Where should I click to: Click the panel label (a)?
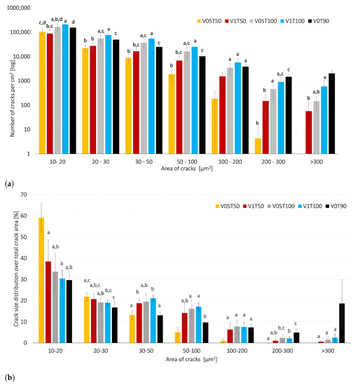8,183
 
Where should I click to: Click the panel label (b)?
8,377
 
